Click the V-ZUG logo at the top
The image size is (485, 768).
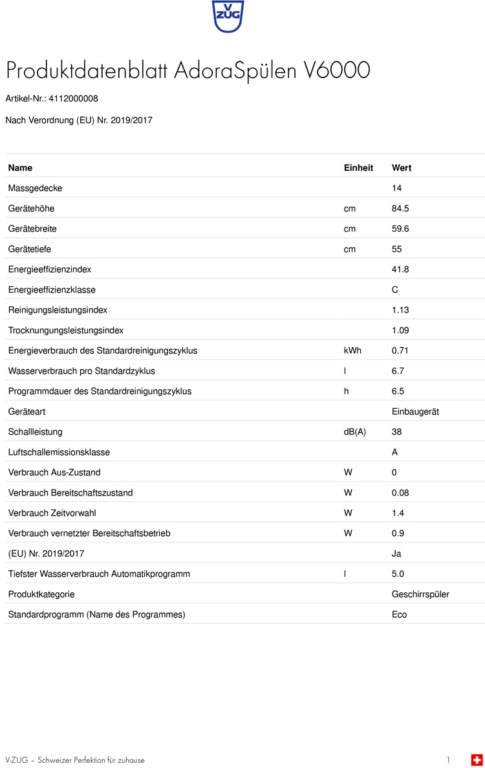(228, 16)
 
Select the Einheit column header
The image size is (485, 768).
(358, 168)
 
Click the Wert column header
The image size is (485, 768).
(402, 168)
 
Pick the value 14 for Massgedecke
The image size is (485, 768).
(397, 188)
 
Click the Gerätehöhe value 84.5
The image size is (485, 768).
(400, 209)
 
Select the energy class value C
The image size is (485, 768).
(395, 290)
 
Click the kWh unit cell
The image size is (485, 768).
(352, 351)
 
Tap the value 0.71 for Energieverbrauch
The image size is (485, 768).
(400, 351)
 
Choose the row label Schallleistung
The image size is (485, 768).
(35, 432)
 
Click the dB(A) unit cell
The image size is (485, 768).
(354, 432)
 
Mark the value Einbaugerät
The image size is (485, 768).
(415, 411)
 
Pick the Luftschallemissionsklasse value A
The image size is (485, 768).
(395, 452)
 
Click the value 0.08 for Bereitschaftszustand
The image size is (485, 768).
(400, 493)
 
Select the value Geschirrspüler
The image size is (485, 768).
(420, 594)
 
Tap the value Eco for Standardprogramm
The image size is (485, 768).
(400, 614)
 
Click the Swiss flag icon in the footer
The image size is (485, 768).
(477, 760)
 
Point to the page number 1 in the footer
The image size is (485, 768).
(448, 760)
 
